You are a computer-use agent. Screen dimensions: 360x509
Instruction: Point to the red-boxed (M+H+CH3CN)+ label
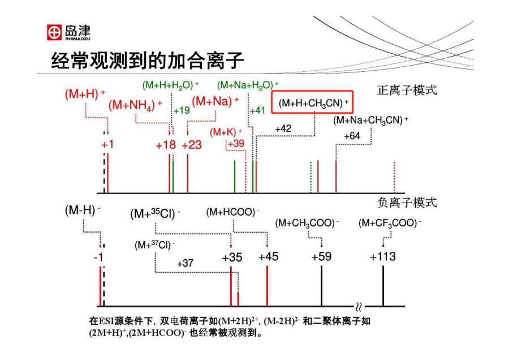pos(313,104)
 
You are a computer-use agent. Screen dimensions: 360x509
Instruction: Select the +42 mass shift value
pos(283,129)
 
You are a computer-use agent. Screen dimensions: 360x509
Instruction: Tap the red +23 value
pos(192,145)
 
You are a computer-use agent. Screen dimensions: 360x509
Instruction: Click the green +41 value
pos(257,110)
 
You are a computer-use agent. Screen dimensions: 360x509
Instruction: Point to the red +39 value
pos(235,143)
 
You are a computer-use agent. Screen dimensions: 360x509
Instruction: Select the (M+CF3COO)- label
pos(390,223)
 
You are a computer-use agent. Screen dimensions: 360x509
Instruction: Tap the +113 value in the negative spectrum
pos(383,257)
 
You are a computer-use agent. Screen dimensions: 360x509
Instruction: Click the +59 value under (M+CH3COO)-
pos(321,257)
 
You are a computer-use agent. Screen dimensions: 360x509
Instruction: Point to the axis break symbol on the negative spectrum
pos(359,306)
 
